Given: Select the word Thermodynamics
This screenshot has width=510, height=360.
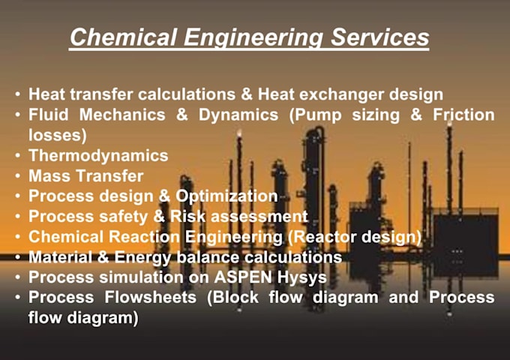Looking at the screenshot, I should [98, 156].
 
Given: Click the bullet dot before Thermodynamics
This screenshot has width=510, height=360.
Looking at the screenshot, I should [17, 157].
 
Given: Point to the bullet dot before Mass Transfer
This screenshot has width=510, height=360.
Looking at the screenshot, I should [17, 177].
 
